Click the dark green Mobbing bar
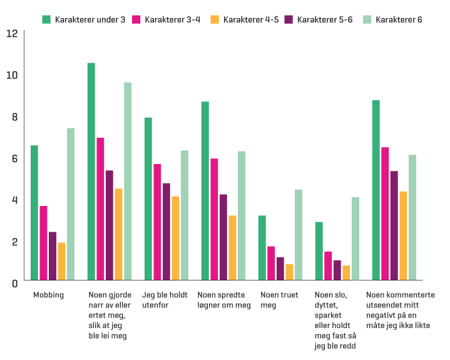coord(34,213)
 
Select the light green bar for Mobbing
coord(71,204)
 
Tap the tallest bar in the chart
coord(91,172)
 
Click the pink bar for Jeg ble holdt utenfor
coord(157,222)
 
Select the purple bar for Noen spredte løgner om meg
coord(223,237)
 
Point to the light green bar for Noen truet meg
coord(299,235)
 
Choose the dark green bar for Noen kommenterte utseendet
coord(376,190)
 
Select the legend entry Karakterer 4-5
coord(244,19)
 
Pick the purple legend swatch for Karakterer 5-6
coord(289,19)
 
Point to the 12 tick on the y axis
coord(11,33)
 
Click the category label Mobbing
coord(48,295)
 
